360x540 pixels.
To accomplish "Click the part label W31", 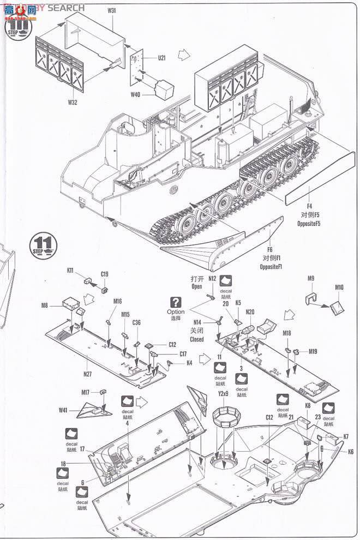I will [x=111, y=10].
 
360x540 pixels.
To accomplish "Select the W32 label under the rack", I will [x=73, y=101].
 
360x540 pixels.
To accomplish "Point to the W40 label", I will [x=135, y=94].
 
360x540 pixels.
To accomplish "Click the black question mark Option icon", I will [x=176, y=302].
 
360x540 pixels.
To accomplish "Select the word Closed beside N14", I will [x=196, y=339].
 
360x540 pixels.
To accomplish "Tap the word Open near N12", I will [x=197, y=286].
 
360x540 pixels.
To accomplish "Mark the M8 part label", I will [x=45, y=305].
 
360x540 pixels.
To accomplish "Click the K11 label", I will [x=70, y=270].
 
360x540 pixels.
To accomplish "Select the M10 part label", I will [x=339, y=287].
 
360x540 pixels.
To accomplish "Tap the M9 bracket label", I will [x=310, y=279].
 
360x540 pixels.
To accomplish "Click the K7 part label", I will [x=346, y=437].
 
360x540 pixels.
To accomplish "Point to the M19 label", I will [x=313, y=352].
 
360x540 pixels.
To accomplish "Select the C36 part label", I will [x=136, y=322].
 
